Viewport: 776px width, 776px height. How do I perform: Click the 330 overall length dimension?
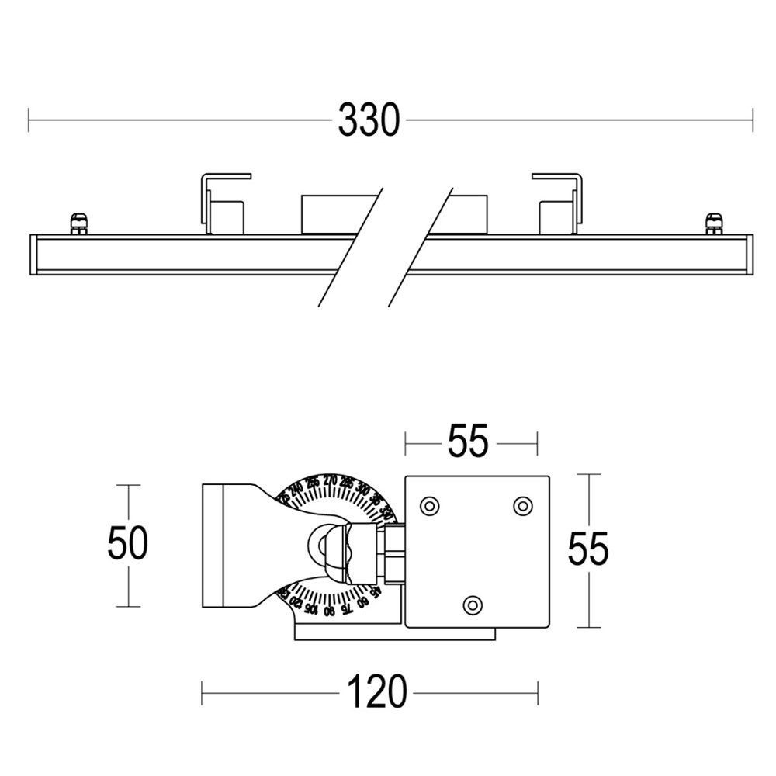(x=369, y=121)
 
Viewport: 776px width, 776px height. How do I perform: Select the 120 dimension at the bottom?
(x=376, y=691)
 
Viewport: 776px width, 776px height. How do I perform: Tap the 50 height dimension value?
(x=127, y=543)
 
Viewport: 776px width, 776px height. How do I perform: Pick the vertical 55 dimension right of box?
(x=588, y=549)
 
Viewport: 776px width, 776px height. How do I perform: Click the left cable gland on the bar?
(x=78, y=223)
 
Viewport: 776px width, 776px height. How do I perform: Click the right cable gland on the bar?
(x=713, y=223)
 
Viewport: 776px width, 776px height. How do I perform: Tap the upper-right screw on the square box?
(x=523, y=506)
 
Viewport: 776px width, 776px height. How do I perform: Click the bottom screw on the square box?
(x=472, y=604)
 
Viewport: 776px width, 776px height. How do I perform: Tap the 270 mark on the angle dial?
(x=329, y=479)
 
